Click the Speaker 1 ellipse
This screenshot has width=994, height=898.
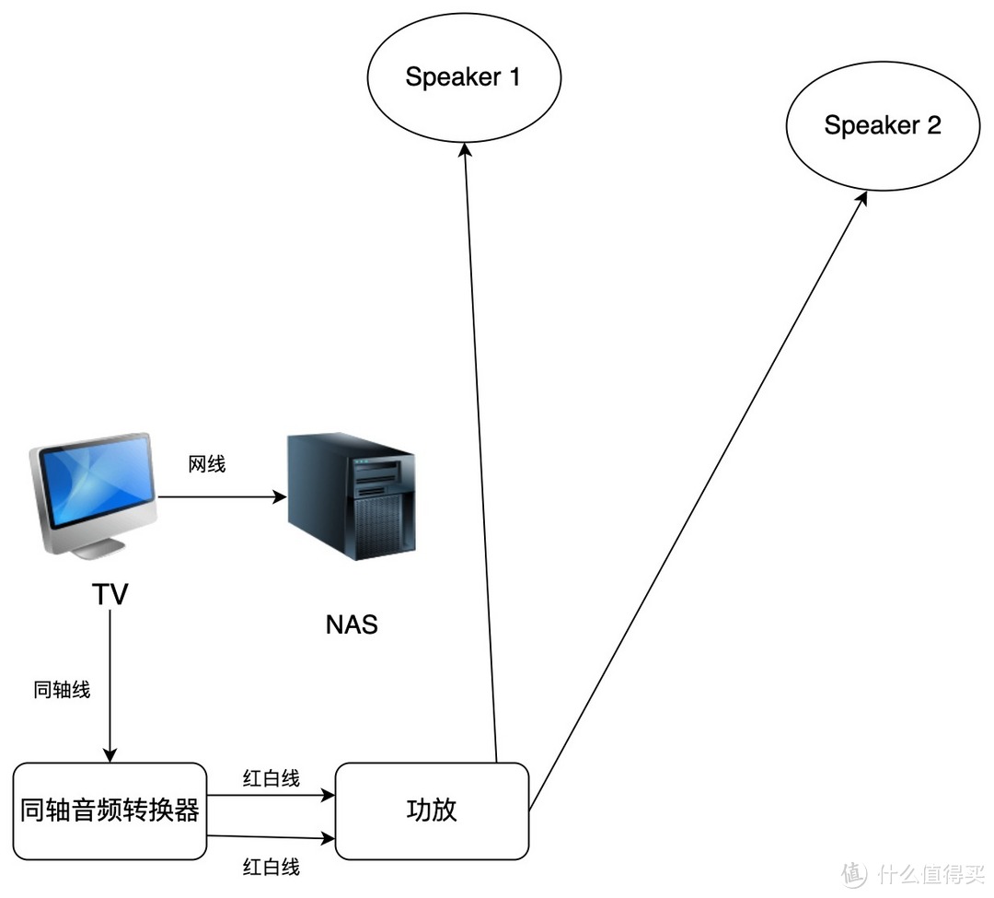(x=464, y=77)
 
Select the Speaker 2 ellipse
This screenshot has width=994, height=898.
(x=882, y=126)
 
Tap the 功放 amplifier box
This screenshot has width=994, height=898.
(x=432, y=811)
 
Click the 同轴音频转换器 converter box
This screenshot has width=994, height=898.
(x=110, y=811)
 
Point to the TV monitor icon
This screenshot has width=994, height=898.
(x=91, y=484)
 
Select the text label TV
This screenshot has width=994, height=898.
(x=110, y=595)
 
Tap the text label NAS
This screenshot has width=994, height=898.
(x=352, y=624)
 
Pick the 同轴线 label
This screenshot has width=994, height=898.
(x=62, y=690)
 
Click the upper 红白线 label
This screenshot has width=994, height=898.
(x=271, y=778)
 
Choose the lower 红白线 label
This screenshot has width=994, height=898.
(x=271, y=867)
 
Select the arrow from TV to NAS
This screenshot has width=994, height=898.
(x=221, y=498)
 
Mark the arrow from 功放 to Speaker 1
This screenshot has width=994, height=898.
(x=480, y=461)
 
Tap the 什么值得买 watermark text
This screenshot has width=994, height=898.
(x=930, y=872)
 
